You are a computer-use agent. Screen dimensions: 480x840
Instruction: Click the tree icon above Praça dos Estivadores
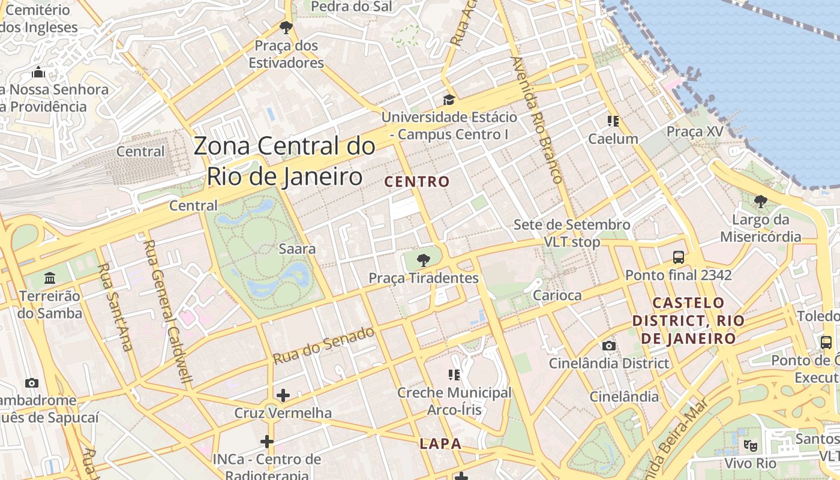[x=286, y=27]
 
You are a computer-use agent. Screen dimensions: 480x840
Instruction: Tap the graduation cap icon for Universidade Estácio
[x=449, y=100]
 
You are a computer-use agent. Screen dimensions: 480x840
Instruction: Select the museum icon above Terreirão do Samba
[x=50, y=278]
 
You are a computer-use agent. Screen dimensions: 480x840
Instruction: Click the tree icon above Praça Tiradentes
[x=424, y=260]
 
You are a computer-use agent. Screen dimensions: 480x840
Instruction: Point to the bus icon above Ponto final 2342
[x=679, y=257]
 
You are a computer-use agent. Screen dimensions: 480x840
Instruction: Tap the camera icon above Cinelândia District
[x=609, y=346]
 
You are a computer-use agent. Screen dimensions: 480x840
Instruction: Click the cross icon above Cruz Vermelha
[x=283, y=395]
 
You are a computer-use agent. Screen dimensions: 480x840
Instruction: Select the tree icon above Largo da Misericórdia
[x=761, y=202]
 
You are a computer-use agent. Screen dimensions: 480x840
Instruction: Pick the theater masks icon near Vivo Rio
[x=750, y=446]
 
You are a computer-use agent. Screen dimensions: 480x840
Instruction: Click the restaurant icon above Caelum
[x=613, y=121]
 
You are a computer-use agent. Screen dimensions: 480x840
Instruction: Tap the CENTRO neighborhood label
[x=417, y=182]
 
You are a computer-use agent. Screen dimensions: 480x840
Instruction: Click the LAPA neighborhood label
[x=441, y=444]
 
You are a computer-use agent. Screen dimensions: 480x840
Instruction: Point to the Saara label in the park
[x=298, y=248]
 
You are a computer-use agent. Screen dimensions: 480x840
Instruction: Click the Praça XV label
[x=695, y=131]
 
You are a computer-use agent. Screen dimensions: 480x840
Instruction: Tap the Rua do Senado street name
[x=324, y=346]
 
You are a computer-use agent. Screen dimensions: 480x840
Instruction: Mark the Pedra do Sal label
[x=352, y=7]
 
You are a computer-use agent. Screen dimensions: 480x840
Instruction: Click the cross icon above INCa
[x=267, y=442]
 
